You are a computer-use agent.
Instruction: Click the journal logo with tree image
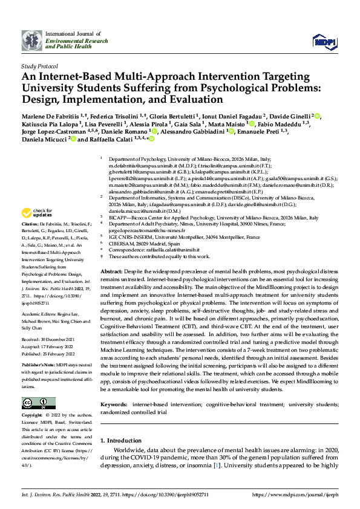(x=32, y=41)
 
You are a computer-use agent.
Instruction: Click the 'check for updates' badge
(x=36, y=212)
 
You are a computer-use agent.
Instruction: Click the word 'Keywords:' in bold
(x=116, y=402)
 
